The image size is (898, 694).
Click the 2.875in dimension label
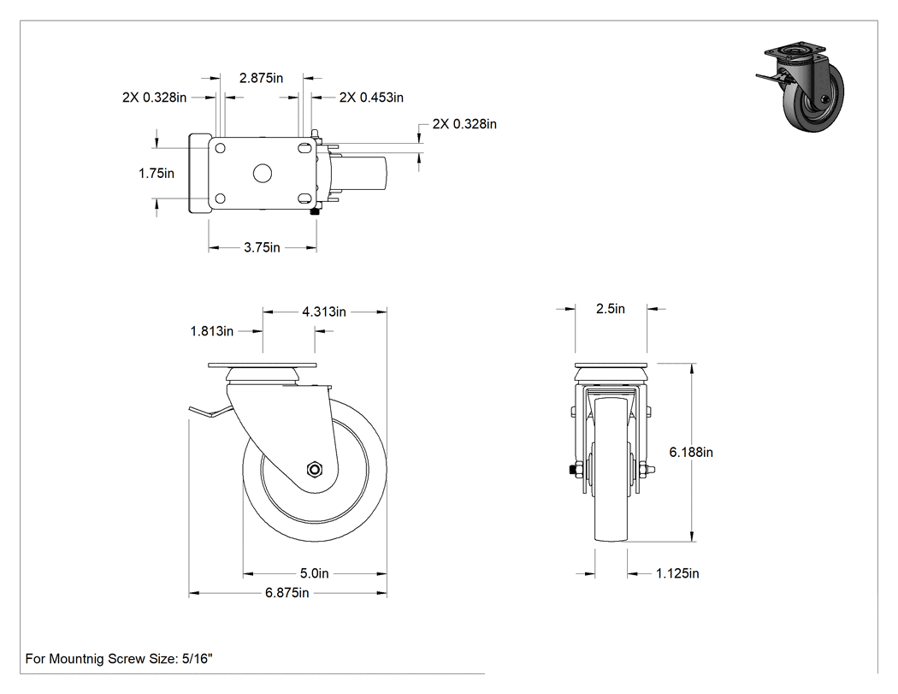pyautogui.click(x=261, y=78)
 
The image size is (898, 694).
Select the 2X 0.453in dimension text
pyautogui.click(x=371, y=98)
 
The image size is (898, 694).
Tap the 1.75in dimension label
pyautogui.click(x=157, y=173)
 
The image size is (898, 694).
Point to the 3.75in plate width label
pyautogui.click(x=262, y=247)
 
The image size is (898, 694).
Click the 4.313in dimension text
pyautogui.click(x=324, y=311)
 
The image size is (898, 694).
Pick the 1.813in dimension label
pyautogui.click(x=212, y=331)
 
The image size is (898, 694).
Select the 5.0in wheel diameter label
pyautogui.click(x=315, y=573)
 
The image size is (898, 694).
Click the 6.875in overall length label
pyautogui.click(x=287, y=593)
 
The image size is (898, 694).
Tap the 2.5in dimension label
pyautogui.click(x=611, y=309)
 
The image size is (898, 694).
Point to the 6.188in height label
pyautogui.click(x=691, y=452)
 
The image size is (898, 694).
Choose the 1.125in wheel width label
pyautogui.click(x=677, y=573)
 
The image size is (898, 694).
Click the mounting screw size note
pyautogui.click(x=119, y=659)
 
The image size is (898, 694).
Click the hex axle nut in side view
pyautogui.click(x=314, y=469)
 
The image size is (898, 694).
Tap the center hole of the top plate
pyautogui.click(x=263, y=173)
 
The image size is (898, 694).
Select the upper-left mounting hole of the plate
pyautogui.click(x=219, y=148)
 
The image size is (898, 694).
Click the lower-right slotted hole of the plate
pyautogui.click(x=304, y=199)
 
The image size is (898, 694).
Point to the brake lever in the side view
pyautogui.click(x=210, y=411)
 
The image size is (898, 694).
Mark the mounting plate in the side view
pyautogui.click(x=262, y=365)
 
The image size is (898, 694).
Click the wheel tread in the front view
pyautogui.click(x=611, y=469)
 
